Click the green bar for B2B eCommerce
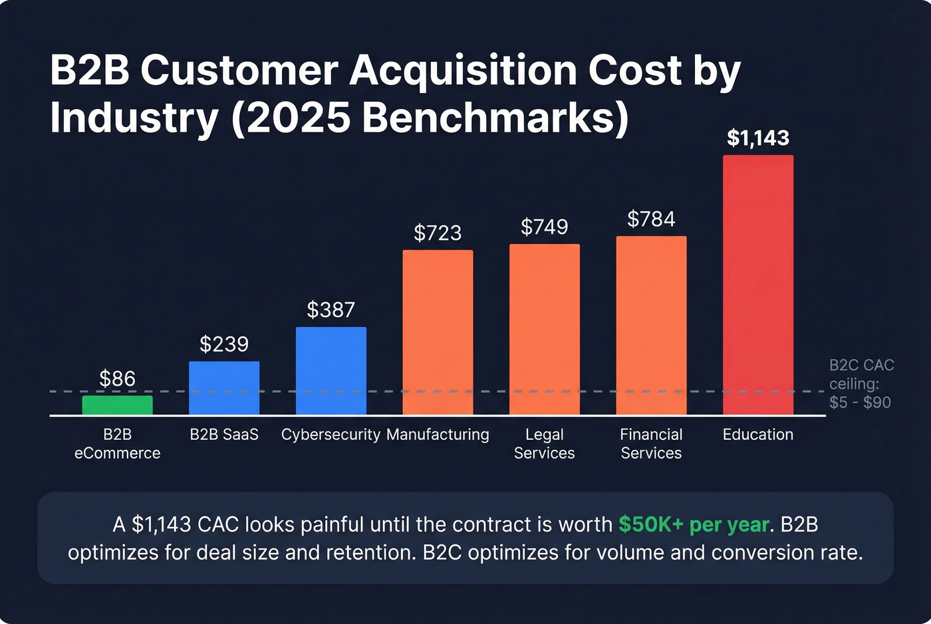tap(117, 405)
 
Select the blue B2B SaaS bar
tap(224, 388)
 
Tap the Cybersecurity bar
tap(331, 371)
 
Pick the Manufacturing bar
tap(438, 332)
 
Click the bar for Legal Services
tap(544, 330)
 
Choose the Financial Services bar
tap(651, 326)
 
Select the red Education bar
tap(757, 285)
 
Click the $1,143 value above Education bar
tap(757, 138)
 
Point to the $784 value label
tap(651, 219)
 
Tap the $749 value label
tap(544, 227)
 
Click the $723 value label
tap(438, 233)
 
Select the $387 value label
tap(331, 310)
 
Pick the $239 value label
tap(224, 344)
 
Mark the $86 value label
tap(117, 379)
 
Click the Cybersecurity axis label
tap(331, 435)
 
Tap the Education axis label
tap(757, 435)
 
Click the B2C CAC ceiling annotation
tap(861, 383)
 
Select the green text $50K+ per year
tap(694, 524)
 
